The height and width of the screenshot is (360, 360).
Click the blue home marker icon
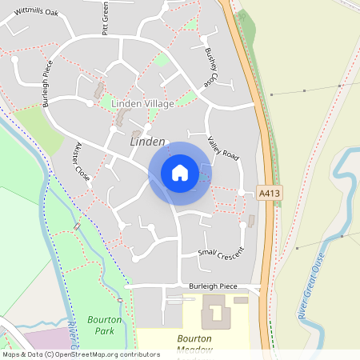point(179,173)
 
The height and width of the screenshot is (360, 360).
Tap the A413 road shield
point(270,193)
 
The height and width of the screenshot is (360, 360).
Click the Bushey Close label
point(210,67)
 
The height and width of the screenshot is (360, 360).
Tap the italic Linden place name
point(146,141)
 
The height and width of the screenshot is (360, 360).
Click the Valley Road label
point(224,146)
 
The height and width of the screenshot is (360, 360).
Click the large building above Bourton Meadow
point(213,311)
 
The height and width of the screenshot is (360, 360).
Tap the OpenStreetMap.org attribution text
point(104,354)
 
